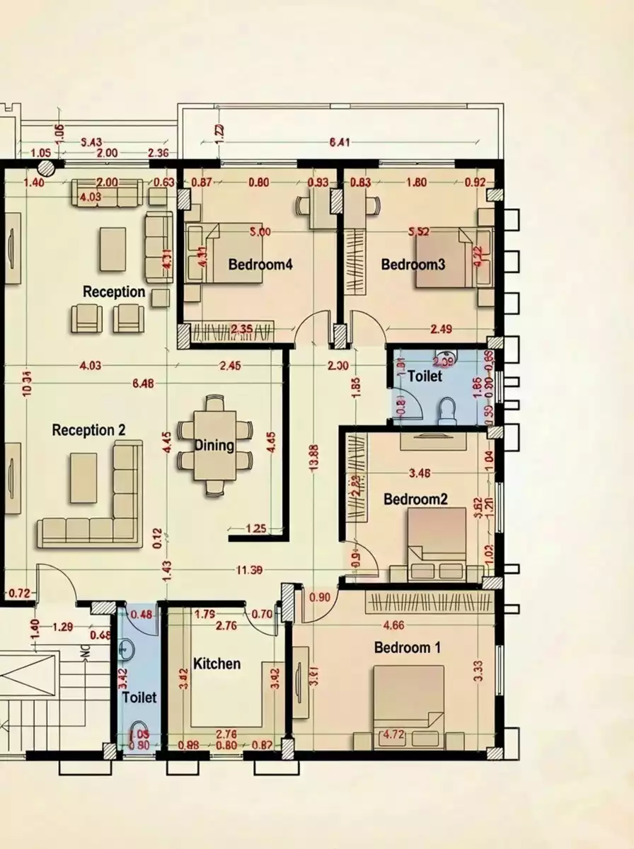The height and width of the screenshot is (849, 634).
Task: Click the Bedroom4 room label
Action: click(x=250, y=265)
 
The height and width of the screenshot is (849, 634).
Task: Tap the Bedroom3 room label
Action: click(x=413, y=265)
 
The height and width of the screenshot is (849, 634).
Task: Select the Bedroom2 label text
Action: click(x=415, y=499)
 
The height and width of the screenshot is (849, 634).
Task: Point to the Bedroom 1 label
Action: click(x=402, y=647)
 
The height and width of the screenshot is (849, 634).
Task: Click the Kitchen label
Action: click(x=217, y=664)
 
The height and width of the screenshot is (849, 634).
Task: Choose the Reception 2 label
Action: click(x=88, y=430)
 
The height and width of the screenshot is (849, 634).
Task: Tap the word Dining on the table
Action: click(x=214, y=446)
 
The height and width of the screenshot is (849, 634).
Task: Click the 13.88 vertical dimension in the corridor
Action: click(x=313, y=456)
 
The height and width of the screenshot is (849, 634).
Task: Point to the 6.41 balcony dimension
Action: click(x=340, y=143)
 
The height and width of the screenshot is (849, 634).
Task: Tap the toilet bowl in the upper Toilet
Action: click(x=447, y=410)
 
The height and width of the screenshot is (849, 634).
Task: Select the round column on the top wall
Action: click(x=47, y=168)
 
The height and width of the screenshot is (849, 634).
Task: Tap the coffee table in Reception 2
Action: click(x=83, y=478)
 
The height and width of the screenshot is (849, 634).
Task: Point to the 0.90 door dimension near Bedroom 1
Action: click(x=320, y=597)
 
